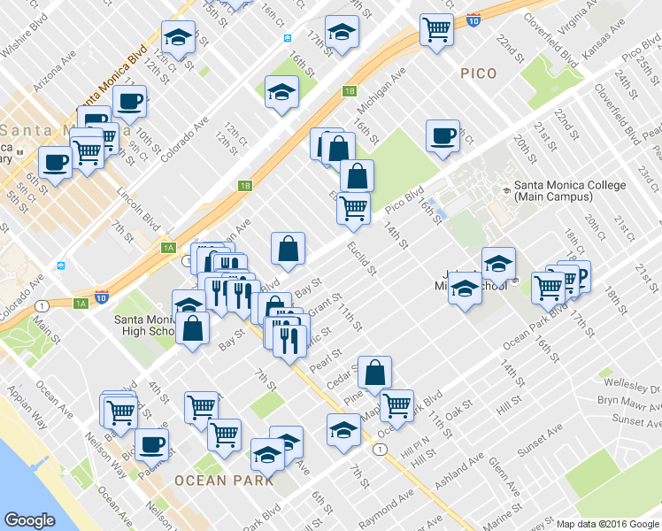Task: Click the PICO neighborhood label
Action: [x=479, y=74]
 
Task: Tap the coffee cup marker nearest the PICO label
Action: [x=443, y=137]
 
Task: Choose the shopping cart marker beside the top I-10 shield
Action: [x=437, y=29]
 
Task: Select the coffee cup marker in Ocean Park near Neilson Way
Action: [x=151, y=443]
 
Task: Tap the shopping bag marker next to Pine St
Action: [x=376, y=372]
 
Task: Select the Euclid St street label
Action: [x=361, y=258]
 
